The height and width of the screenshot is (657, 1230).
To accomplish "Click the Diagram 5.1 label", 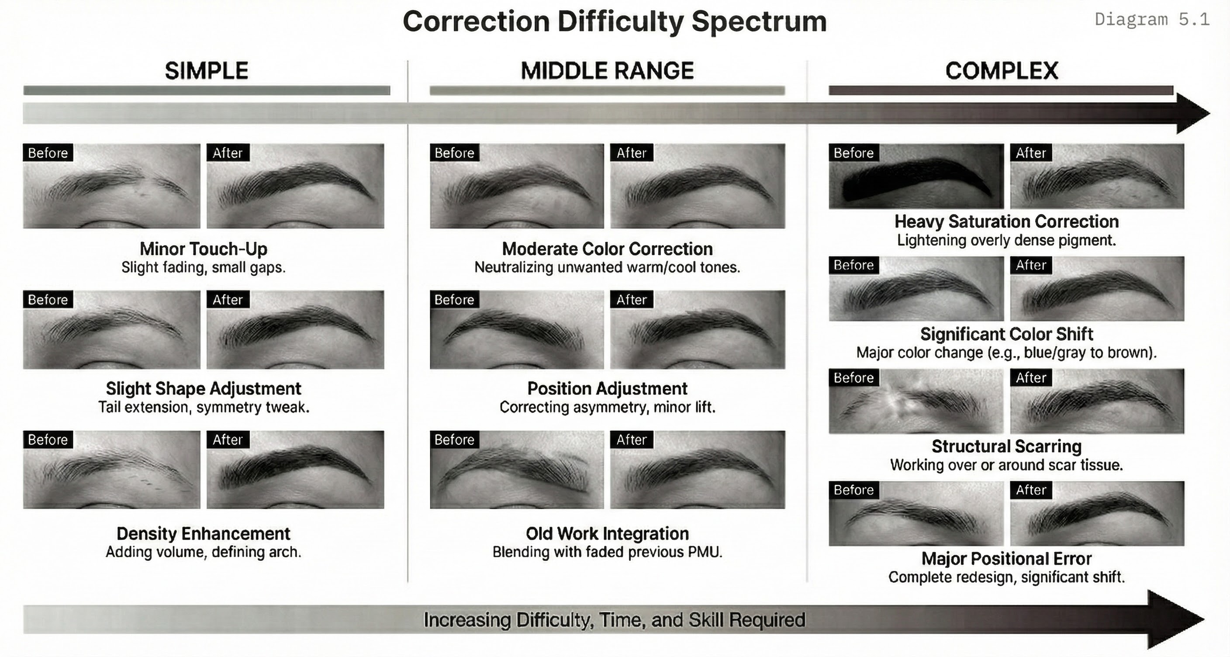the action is point(1152,20).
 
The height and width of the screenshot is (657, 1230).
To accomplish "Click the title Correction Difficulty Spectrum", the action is point(615,22).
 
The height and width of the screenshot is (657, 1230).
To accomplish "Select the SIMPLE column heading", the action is point(206,71).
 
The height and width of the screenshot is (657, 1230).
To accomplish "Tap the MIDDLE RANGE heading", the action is point(607,71).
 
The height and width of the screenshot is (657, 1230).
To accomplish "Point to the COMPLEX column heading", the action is point(1001,71).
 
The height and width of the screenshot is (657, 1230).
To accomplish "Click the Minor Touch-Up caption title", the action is point(204,249).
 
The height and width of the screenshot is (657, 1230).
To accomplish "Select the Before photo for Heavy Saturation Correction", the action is point(916,176).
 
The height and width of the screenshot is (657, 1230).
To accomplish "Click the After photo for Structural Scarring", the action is point(1097,401).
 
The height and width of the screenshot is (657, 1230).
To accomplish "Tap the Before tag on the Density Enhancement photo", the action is point(48,439).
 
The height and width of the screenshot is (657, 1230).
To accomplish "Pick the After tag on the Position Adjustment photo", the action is point(631,299).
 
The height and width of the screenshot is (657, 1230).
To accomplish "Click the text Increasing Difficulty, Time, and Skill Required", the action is point(615,620).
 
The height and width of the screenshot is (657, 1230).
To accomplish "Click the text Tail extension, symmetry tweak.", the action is point(204,407).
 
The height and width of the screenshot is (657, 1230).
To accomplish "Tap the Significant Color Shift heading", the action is point(1006,334).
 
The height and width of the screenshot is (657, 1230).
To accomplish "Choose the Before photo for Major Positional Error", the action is point(916,514).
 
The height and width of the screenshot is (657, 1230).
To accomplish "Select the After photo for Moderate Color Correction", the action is point(698,186).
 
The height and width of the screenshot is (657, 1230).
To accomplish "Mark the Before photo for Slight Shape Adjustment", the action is point(112,329).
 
